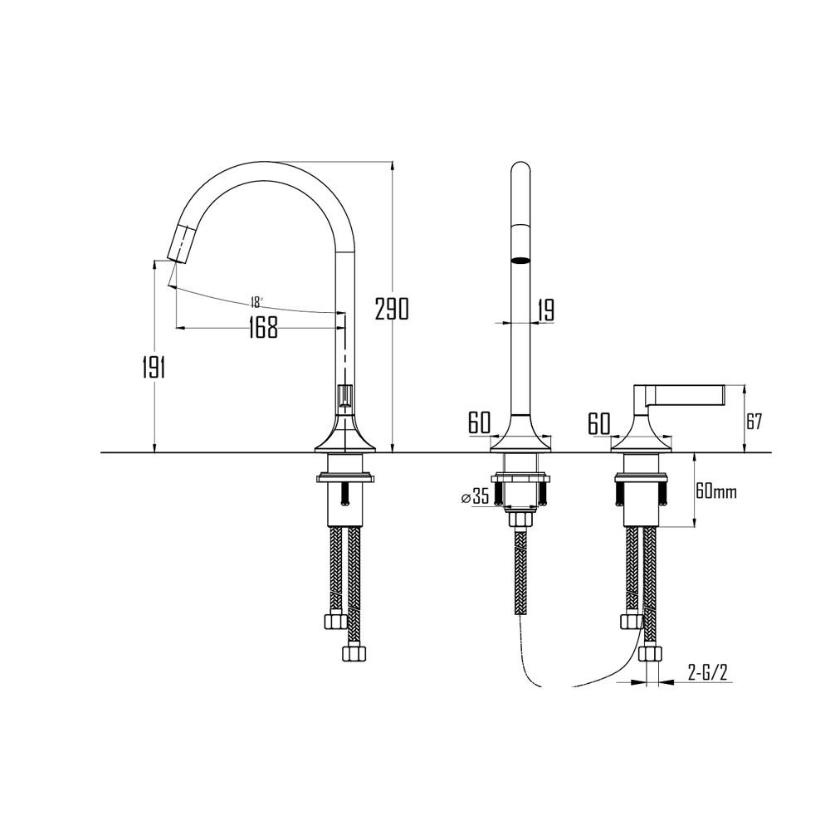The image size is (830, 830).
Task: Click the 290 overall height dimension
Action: (x=392, y=309)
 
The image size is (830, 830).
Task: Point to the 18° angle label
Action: (x=256, y=300)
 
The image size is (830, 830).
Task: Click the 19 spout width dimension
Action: (x=545, y=310)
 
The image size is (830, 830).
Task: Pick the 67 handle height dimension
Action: (x=753, y=420)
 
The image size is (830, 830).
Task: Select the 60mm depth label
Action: (x=715, y=491)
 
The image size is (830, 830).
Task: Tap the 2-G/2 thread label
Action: (x=707, y=673)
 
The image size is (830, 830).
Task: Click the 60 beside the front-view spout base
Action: (x=479, y=423)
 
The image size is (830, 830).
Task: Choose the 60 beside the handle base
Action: (x=599, y=423)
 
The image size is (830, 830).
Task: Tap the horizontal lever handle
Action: (x=685, y=393)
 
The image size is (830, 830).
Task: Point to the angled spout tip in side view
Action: (x=182, y=243)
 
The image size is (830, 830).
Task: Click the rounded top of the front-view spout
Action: (x=520, y=170)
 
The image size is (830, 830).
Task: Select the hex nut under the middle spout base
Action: (x=520, y=520)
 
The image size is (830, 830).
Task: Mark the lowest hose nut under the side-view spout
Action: (x=354, y=652)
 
